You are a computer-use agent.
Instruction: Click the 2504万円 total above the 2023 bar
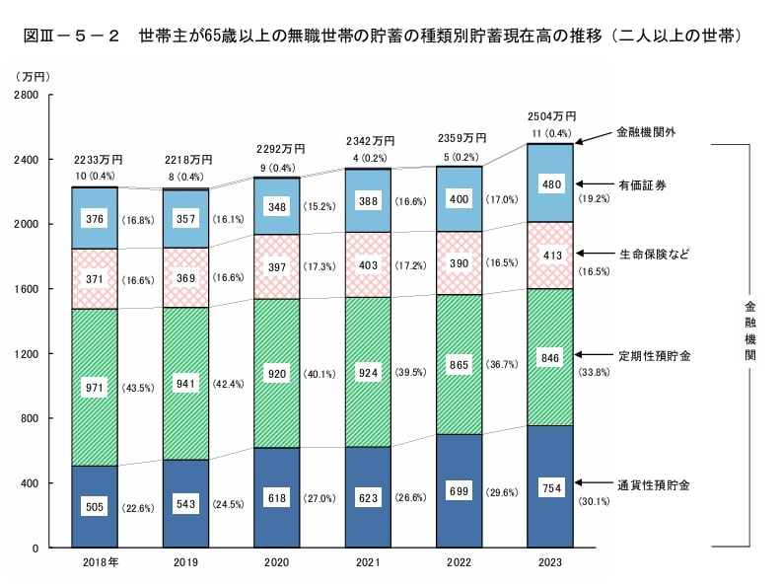click(552, 116)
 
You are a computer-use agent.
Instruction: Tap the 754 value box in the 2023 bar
click(552, 486)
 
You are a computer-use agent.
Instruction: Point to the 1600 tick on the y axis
click(26, 289)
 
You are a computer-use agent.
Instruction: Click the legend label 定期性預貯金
click(652, 354)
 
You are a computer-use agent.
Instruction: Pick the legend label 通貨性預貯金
click(652, 485)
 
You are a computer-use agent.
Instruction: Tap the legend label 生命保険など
click(652, 254)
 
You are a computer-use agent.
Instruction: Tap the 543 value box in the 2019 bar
click(186, 505)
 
